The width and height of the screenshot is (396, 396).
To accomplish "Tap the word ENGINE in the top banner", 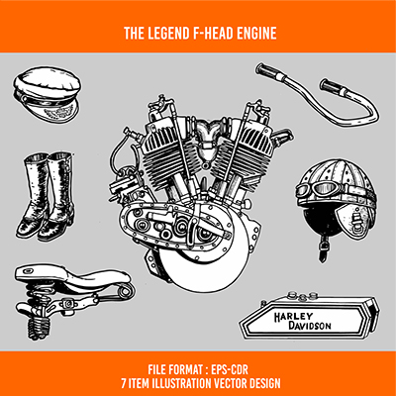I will coord(252,34).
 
